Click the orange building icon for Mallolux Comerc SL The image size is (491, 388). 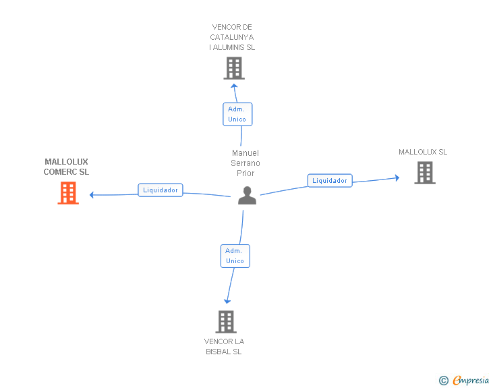(67, 193)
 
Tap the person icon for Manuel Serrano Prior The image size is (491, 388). (248, 195)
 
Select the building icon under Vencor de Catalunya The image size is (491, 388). (233, 68)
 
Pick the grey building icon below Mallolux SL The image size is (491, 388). (424, 173)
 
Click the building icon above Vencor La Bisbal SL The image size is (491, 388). (226, 322)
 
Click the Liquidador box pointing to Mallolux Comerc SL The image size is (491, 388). (161, 190)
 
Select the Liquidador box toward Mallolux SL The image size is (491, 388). (330, 181)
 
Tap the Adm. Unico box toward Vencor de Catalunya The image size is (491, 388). (237, 114)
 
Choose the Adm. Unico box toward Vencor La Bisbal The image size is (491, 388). (235, 256)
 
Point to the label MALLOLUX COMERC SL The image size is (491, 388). (66, 167)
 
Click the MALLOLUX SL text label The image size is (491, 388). (423, 152)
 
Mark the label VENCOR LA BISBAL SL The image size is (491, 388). (224, 346)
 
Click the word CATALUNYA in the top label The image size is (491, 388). (232, 37)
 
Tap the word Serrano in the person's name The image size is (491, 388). (246, 163)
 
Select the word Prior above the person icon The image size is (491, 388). (246, 173)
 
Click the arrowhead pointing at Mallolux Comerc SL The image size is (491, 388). (92, 195)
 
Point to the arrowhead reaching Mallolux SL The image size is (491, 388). (397, 178)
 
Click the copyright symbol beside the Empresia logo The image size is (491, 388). (443, 381)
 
